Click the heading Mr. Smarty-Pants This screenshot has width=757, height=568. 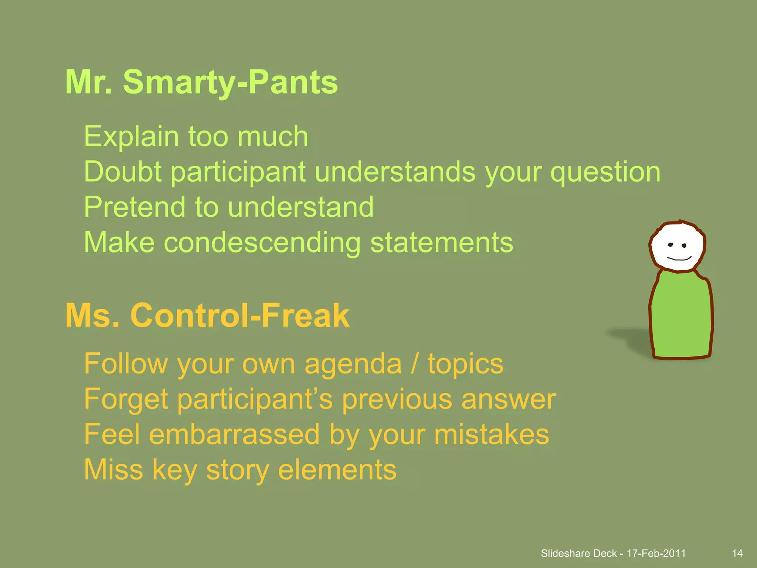[201, 82]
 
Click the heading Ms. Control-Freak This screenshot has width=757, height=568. [207, 315]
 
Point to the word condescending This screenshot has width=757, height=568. [262, 243]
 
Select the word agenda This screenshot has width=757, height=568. [353, 364]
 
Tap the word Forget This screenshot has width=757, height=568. [126, 400]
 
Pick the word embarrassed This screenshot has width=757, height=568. [234, 435]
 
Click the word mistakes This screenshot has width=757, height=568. [492, 435]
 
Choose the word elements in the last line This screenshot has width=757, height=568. [337, 470]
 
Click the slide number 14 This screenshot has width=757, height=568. [737, 554]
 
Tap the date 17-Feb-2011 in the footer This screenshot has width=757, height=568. [656, 554]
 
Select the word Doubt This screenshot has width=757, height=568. [122, 172]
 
